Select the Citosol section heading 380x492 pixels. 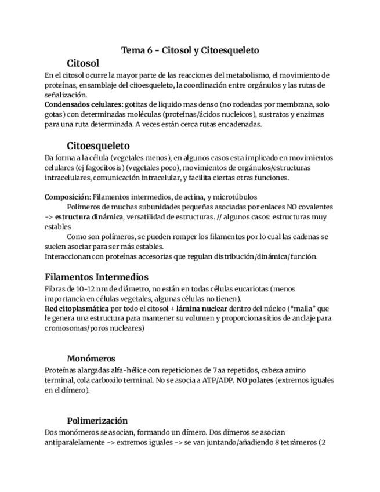[83, 63]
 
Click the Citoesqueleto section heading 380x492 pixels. [98, 146]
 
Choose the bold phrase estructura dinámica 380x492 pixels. [89, 216]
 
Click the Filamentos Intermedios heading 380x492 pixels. [96, 277]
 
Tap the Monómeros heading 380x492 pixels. [91, 359]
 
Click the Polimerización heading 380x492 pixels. [97, 421]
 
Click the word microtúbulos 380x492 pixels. [236, 197]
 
